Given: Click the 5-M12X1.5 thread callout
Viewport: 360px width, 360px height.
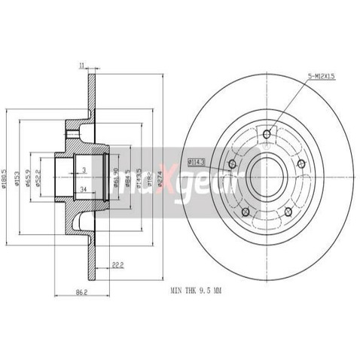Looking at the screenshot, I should coord(322,75).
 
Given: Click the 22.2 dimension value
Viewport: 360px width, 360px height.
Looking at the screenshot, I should coord(116,263).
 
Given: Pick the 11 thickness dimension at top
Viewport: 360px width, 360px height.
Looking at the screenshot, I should coord(81,66).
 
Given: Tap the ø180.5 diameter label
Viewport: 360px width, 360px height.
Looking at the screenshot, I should coord(7,178).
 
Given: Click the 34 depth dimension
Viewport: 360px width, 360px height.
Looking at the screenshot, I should coord(83,188).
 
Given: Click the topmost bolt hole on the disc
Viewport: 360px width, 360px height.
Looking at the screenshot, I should coord(266,136).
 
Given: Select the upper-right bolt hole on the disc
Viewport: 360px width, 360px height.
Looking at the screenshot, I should coord(301,163).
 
